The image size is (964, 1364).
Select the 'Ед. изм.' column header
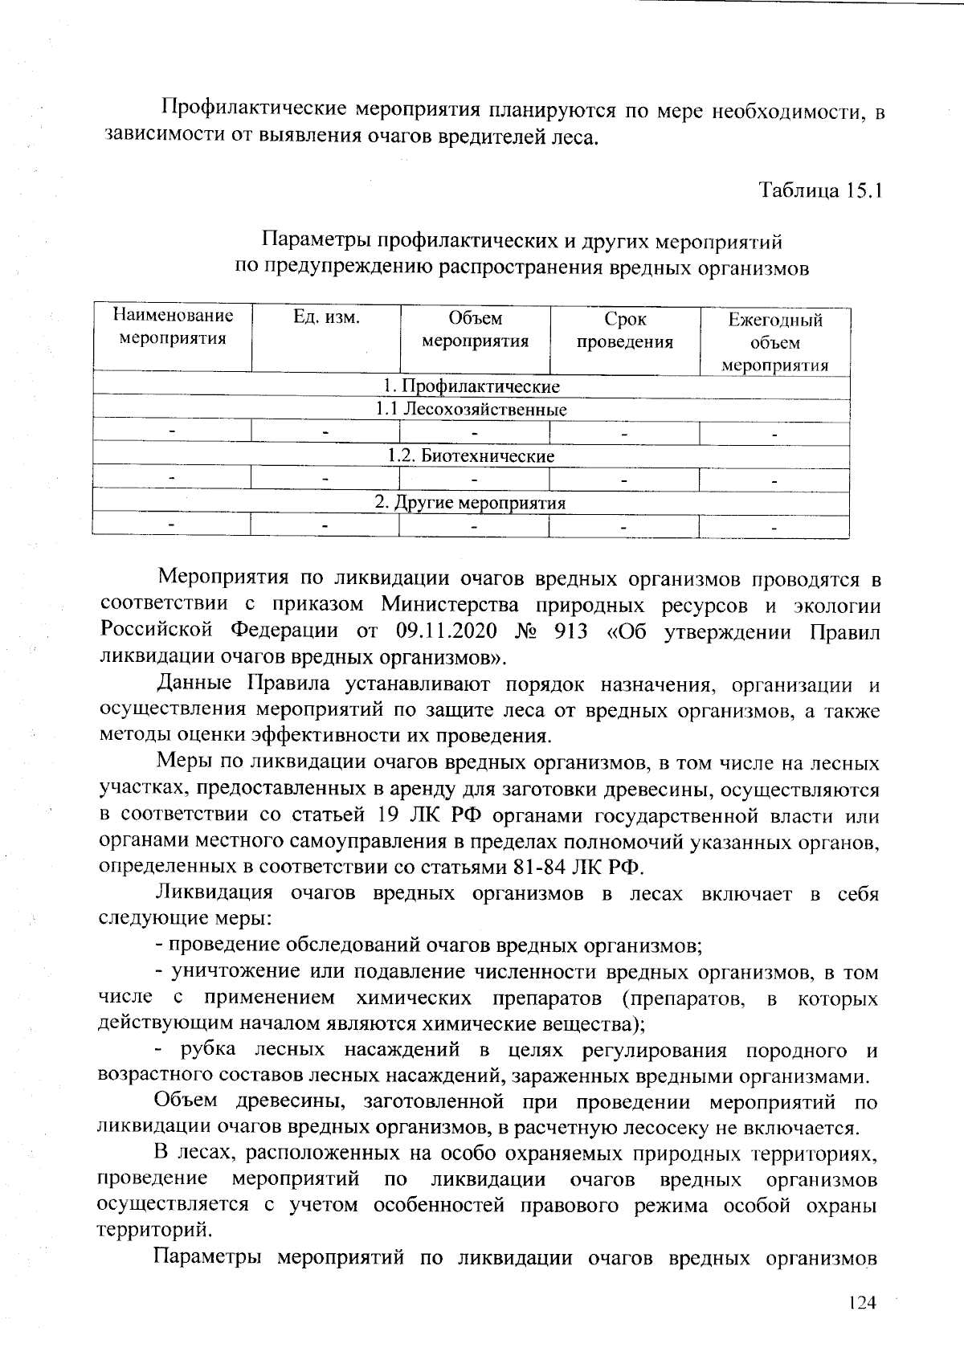click(x=326, y=317)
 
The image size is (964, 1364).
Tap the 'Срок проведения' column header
click(x=624, y=331)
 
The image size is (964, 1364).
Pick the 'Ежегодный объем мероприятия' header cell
click(x=774, y=342)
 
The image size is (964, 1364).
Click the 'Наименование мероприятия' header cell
click(x=173, y=326)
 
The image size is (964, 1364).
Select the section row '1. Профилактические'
click(x=471, y=387)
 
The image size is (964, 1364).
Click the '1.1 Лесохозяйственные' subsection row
click(x=471, y=410)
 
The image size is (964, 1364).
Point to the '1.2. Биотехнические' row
click(x=471, y=456)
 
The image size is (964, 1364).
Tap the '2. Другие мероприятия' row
click(x=471, y=504)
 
